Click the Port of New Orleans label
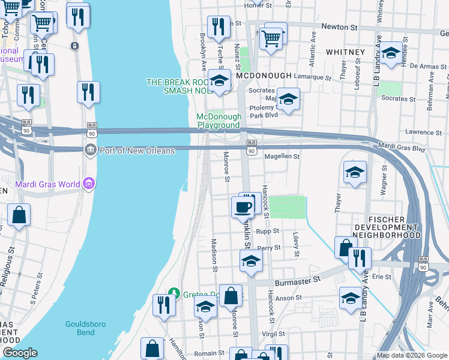137,151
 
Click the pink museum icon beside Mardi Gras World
89,183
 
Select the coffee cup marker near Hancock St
243,208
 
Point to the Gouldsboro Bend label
86,328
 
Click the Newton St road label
340,26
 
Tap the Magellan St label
282,157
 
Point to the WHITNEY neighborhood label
345,52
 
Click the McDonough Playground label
219,121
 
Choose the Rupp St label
268,230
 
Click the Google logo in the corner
20,353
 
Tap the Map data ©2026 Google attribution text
412,355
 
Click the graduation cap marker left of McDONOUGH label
220,80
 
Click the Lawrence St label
423,132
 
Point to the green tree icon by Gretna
174,292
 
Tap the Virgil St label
271,333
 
